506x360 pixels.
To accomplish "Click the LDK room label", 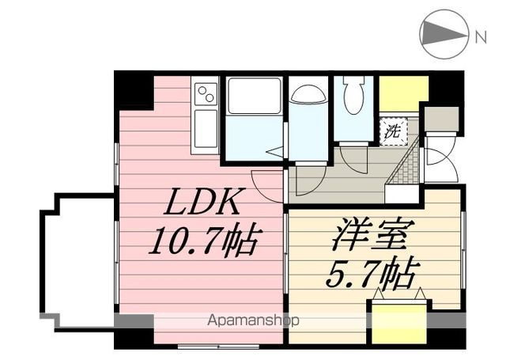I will [203, 205].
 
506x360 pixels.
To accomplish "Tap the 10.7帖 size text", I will [203, 239].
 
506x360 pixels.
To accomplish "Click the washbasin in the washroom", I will [307, 94].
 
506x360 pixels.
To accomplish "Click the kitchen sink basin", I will [206, 127].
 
